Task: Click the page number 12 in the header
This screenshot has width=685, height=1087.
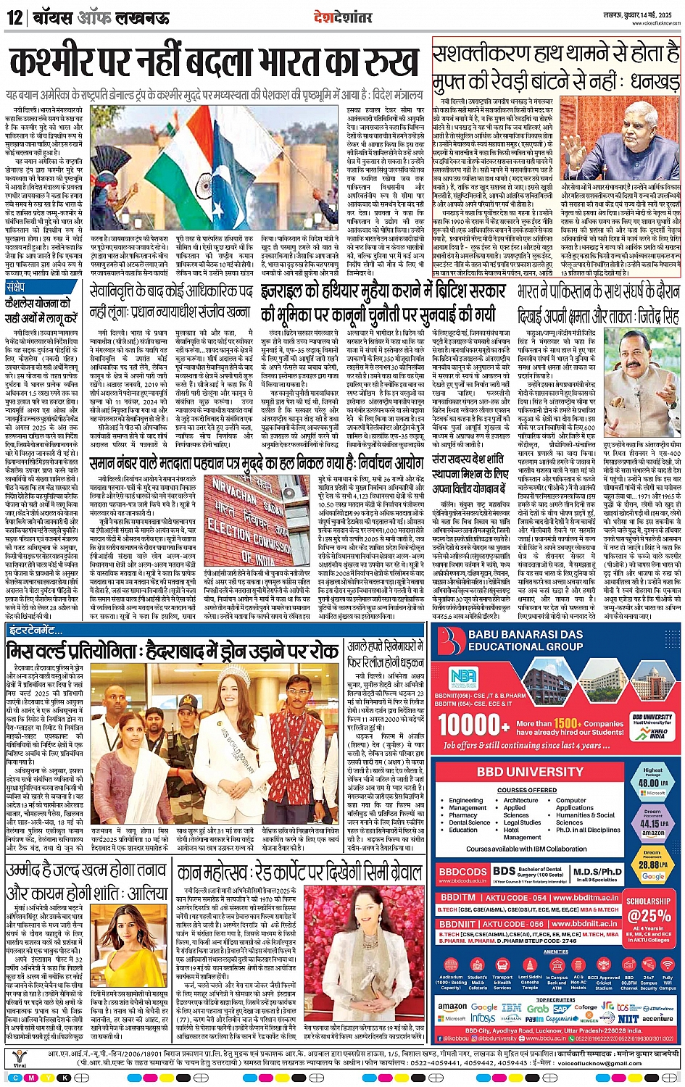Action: point(14,17)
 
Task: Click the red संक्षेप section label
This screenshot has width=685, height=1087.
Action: point(16,287)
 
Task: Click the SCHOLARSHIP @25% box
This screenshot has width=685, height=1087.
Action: point(649,910)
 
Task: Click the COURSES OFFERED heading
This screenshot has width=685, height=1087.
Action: point(527,790)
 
